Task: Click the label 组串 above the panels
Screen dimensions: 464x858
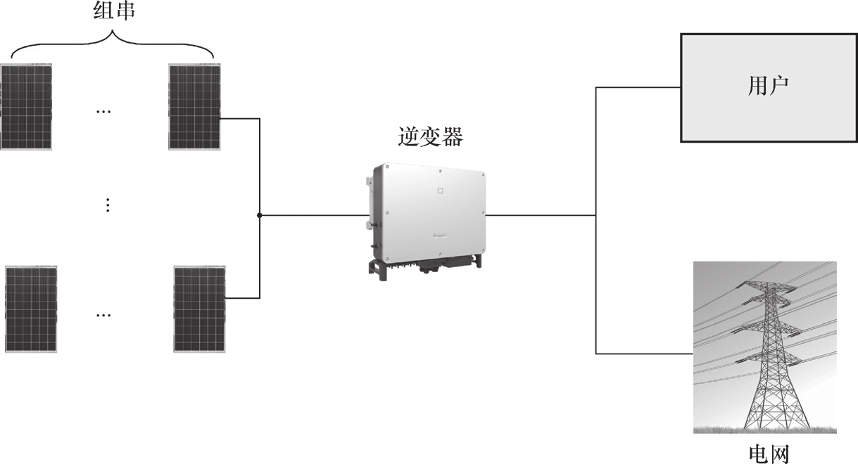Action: (x=113, y=12)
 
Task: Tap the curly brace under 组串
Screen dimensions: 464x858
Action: (x=113, y=42)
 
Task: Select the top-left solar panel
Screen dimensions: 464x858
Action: (x=26, y=106)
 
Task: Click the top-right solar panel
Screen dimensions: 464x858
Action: (x=195, y=106)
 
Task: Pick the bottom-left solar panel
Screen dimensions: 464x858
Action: (x=31, y=309)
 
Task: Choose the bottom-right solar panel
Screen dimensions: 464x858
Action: (x=200, y=309)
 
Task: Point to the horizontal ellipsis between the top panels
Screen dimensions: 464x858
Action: (x=103, y=111)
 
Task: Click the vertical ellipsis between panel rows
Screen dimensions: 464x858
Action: (x=108, y=205)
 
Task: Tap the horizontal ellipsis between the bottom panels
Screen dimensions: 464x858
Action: (x=103, y=314)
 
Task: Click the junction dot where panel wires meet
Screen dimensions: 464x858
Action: (x=260, y=215)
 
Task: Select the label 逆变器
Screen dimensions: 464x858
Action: (x=429, y=136)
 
